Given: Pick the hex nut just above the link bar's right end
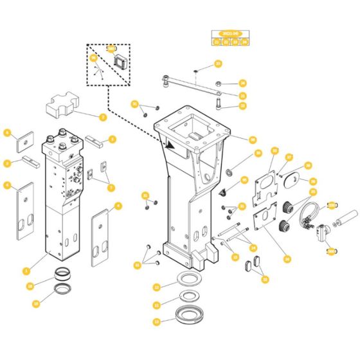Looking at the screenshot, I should click(x=219, y=83).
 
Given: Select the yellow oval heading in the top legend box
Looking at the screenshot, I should click(x=230, y=33).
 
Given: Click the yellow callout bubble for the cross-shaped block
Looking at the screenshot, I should click(x=103, y=117).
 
